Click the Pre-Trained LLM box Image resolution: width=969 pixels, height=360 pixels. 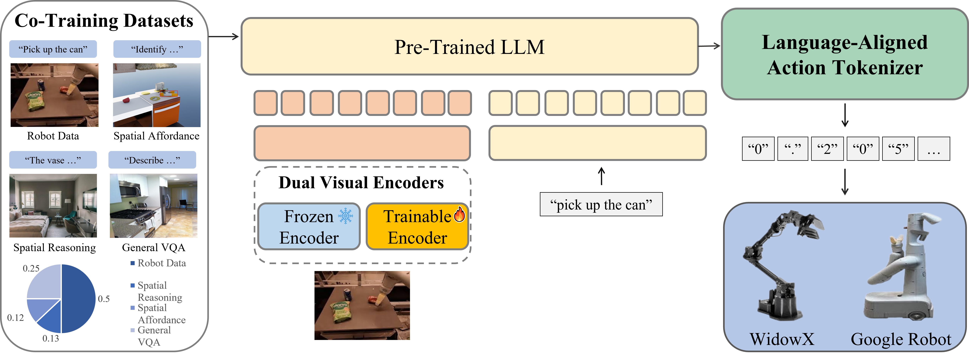pos(470,47)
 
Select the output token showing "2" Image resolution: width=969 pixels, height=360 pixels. pos(827,149)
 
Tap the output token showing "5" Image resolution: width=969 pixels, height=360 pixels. pos(898,149)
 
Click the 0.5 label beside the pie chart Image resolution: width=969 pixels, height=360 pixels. pos(103,299)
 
